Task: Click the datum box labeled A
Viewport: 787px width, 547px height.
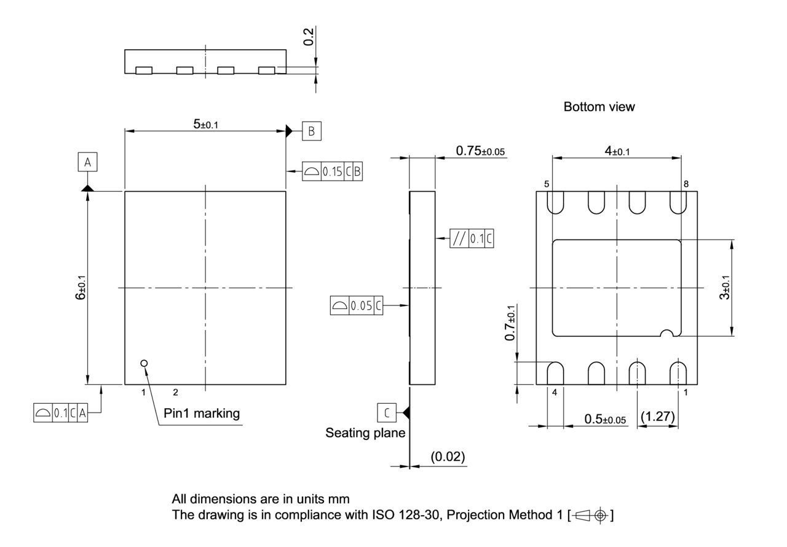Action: [87, 162]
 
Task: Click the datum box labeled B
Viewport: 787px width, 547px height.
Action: [311, 131]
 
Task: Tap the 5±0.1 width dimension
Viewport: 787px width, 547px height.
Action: [206, 124]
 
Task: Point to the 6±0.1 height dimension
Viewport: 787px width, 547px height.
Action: [81, 288]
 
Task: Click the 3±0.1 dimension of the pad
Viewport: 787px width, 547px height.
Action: [726, 288]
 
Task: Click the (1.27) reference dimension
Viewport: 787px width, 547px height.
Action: [657, 417]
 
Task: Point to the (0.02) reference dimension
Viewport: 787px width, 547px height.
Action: [447, 457]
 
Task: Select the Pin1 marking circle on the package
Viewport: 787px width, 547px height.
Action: [144, 363]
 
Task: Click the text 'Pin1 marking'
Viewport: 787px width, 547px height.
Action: [202, 413]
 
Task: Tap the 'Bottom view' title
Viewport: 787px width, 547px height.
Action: [599, 107]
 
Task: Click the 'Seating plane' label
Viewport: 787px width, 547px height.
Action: [365, 433]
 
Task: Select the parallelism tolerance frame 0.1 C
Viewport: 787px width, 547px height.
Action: [472, 238]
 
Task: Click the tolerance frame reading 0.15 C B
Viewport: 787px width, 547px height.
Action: [333, 172]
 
